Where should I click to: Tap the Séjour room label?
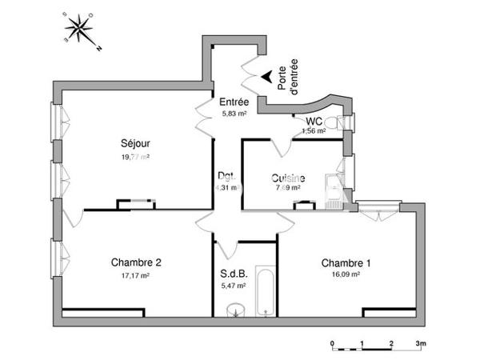point(136,144)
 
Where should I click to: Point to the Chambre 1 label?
point(346,262)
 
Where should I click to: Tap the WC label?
point(314,122)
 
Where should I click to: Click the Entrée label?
point(234,102)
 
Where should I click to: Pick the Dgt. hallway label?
point(226,176)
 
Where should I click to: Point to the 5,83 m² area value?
point(234,114)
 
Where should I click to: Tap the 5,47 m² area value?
point(232,285)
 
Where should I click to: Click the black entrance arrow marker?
point(263,77)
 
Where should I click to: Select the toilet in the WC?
point(342,122)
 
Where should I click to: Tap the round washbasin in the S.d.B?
point(234,310)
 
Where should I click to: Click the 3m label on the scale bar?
point(422,342)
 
